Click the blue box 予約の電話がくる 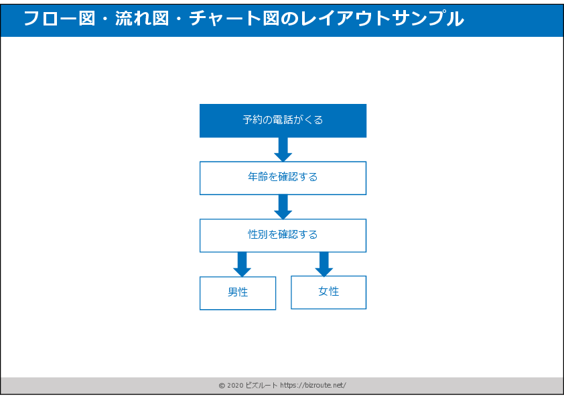283,121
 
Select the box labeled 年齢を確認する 283,178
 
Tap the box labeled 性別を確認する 283,235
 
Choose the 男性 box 238,293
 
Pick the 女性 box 328,292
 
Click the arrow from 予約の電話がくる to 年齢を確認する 283,149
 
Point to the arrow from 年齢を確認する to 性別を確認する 283,207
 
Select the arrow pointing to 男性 242,264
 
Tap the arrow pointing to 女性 324,264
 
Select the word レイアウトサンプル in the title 379,19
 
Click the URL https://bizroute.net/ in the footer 313,386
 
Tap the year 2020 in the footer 236,386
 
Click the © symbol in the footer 222,386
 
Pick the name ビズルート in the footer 262,386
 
